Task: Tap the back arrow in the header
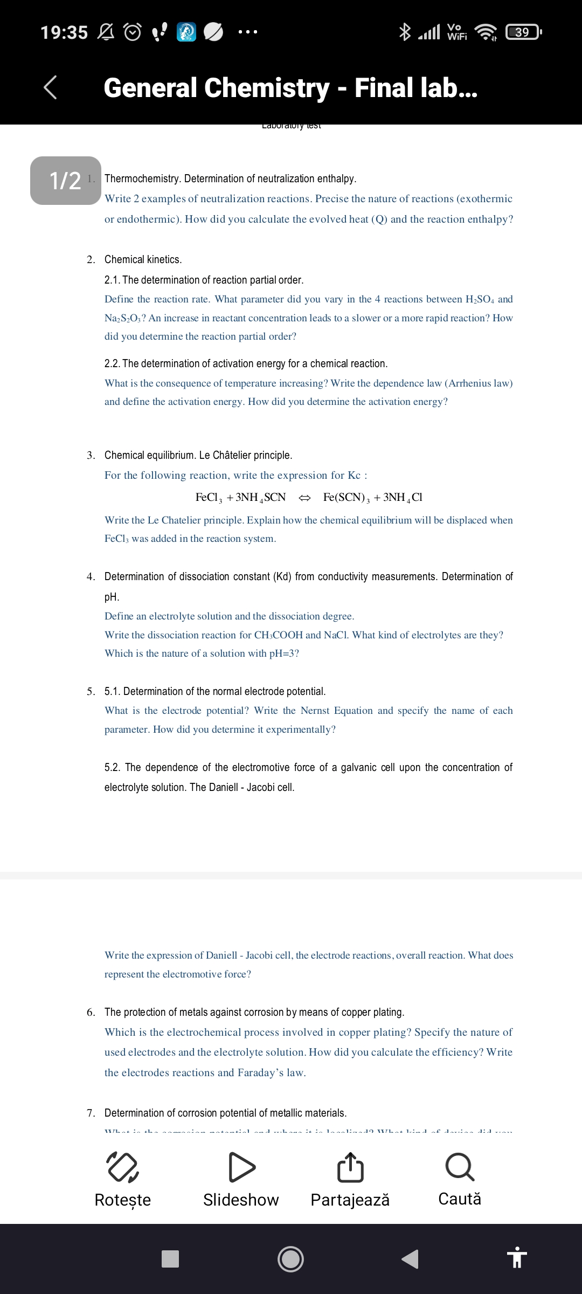point(50,87)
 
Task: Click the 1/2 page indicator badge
point(65,181)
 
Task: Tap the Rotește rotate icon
point(123,1167)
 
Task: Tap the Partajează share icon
point(350,1167)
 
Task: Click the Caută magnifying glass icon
point(460,1167)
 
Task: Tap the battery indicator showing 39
point(523,32)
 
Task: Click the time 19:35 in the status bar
point(64,32)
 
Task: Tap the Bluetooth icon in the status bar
point(404,32)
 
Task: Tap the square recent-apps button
point(170,1259)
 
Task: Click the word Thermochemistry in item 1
point(141,178)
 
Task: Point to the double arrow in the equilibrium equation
point(304,497)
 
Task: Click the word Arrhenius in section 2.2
point(470,383)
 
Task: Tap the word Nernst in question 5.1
point(315,711)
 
